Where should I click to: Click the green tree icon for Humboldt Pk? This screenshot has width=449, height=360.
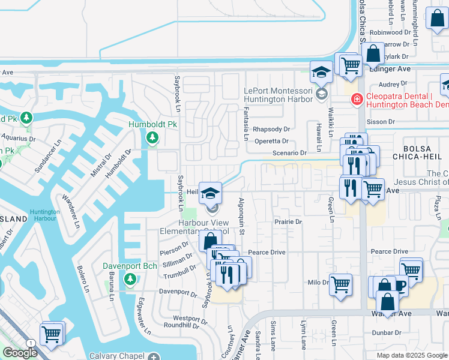coord(152,139)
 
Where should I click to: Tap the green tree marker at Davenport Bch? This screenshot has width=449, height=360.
coord(130,279)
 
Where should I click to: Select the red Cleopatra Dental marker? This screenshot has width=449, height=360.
coord(357,98)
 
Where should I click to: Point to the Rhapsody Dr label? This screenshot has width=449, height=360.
coord(271,129)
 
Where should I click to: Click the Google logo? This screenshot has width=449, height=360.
coord(20,353)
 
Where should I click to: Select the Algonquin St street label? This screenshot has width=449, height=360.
coord(242,216)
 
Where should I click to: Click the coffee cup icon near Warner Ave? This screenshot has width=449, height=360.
coord(397,286)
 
